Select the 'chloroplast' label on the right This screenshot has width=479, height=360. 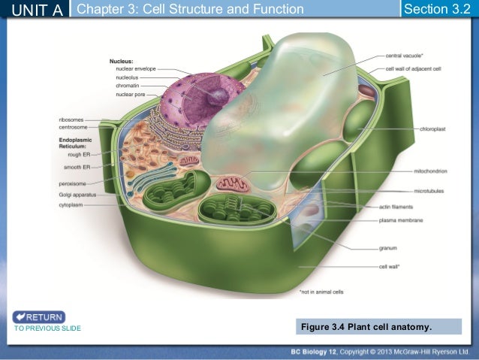tap(434, 129)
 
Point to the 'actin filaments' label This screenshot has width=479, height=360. tap(396, 206)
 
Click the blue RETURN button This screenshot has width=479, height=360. tap(39, 316)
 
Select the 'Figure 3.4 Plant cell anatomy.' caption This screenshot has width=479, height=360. tap(367, 327)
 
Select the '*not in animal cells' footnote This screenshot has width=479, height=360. tap(321, 292)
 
